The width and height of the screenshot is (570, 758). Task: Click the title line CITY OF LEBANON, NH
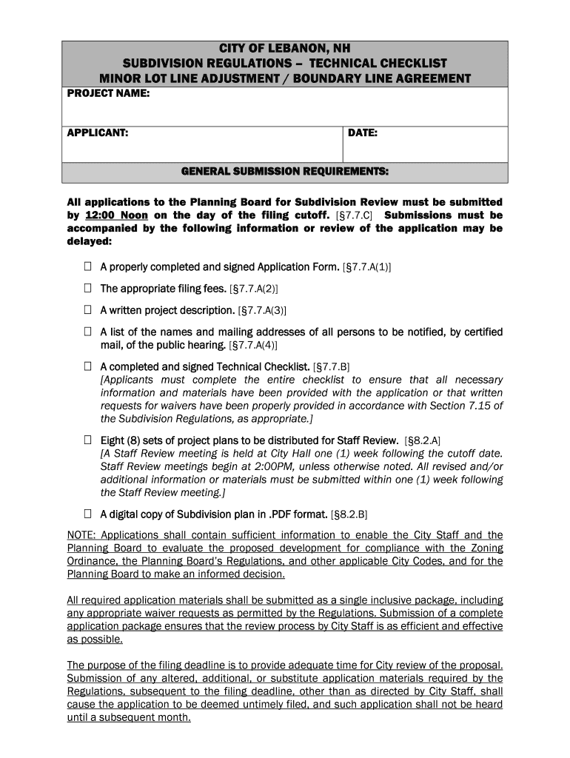coord(285,50)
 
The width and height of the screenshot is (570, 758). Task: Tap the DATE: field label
coord(363,133)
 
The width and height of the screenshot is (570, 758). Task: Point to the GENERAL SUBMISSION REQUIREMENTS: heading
coord(285,172)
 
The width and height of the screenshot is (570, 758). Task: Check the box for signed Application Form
coord(87,266)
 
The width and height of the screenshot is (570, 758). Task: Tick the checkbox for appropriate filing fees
coord(87,289)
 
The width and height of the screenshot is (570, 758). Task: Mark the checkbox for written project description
coord(87,310)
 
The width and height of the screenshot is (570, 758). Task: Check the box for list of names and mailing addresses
coord(87,332)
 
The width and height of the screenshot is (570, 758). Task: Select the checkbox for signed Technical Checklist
coord(87,366)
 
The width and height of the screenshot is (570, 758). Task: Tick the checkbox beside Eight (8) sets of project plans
coord(87,440)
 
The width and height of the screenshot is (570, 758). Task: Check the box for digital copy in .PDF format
coord(87,513)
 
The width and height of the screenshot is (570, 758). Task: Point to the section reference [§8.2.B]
coord(349,514)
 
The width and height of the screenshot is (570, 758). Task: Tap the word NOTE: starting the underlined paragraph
coord(81,535)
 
